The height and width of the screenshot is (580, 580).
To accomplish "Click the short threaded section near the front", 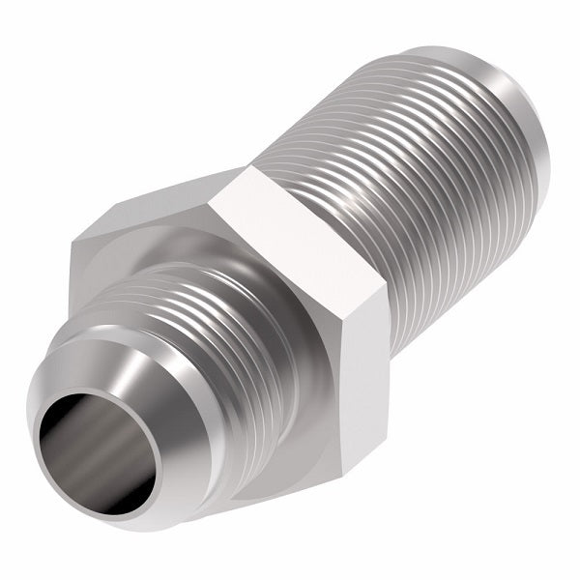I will [193, 309].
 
